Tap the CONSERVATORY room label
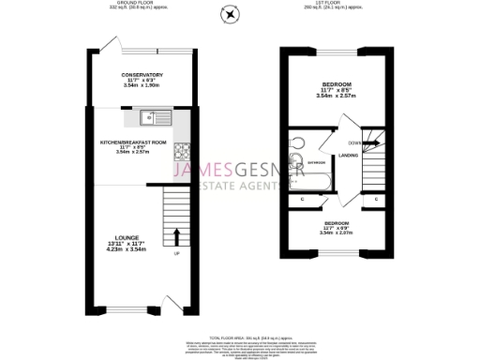(142, 75)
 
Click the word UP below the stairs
(178, 252)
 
